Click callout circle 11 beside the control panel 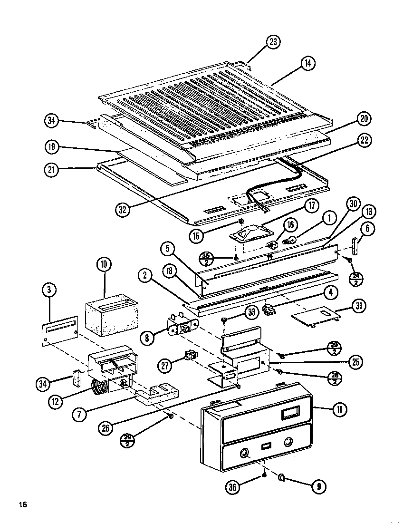339,409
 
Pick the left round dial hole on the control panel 244,452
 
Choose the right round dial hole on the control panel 288,443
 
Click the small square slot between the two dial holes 266,447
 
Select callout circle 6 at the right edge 367,229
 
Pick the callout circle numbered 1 329,218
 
